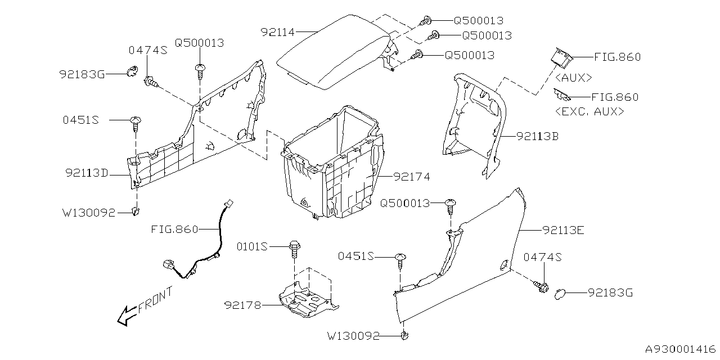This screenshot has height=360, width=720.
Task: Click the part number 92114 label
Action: point(277,32)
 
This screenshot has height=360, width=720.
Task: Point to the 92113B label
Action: point(538,136)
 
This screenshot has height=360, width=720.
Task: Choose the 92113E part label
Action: point(564,229)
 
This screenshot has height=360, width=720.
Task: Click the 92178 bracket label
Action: point(242,305)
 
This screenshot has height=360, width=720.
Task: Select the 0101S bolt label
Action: point(252,246)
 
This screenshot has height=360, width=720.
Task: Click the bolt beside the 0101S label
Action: point(293,248)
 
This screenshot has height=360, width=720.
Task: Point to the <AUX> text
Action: point(573,77)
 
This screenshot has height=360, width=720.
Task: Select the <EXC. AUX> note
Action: point(589,111)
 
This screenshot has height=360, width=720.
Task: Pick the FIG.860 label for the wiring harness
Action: point(174,229)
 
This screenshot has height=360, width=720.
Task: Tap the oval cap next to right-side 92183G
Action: point(560,292)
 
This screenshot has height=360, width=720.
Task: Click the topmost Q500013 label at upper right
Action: point(478,20)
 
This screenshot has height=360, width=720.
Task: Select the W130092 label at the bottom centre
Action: point(353,336)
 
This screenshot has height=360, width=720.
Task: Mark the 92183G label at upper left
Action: point(82,74)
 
